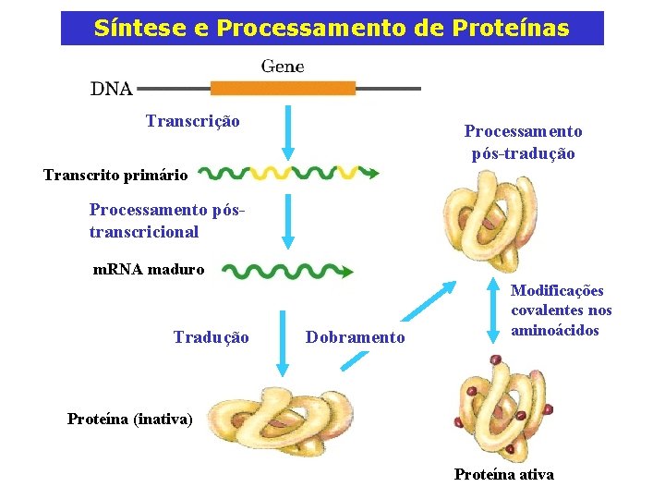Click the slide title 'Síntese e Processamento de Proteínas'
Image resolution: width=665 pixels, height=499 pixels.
pos(332,29)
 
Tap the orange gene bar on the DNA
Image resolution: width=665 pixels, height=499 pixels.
pos(283,89)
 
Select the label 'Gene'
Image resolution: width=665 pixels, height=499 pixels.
pos(283,67)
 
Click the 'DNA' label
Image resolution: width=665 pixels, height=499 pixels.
pos(111,90)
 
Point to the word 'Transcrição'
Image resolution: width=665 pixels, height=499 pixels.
pos(193,121)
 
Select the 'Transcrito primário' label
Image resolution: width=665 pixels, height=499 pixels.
pos(115,175)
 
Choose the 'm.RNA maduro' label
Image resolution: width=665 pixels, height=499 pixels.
pos(149,270)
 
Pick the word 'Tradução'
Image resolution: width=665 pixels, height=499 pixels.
pos(211,337)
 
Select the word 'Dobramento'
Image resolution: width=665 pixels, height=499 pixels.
pos(356,337)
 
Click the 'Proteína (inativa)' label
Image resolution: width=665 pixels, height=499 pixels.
pos(130,419)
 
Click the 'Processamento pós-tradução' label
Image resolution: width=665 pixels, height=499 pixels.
pos(523,142)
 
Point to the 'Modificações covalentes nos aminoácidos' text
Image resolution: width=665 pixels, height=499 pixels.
pos(562,310)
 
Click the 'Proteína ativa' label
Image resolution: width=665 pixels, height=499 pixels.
pos(504,474)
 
